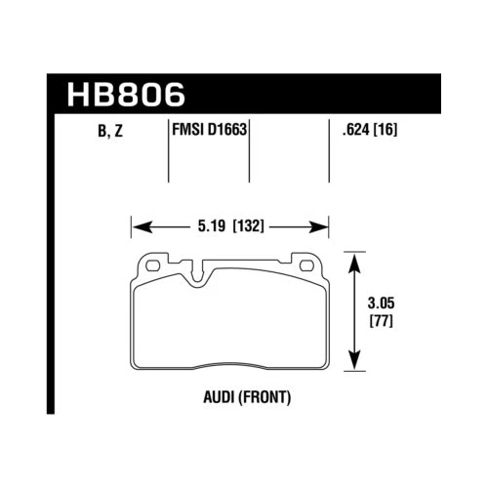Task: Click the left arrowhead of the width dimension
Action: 138,227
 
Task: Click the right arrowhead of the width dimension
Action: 322,227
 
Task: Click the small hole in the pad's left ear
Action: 152,264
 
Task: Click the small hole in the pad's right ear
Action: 308,264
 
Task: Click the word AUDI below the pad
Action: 214,398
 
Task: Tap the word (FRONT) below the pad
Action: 263,398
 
